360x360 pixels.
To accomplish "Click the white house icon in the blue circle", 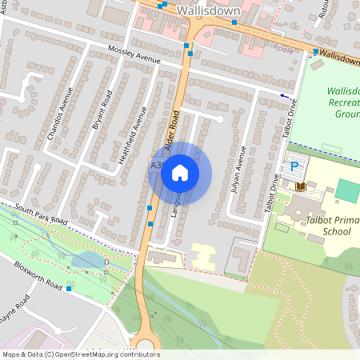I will [180, 172].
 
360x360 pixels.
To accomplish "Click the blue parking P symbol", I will [294, 166].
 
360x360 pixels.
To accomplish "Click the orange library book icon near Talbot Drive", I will [301, 186].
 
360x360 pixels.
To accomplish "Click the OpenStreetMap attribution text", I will [80, 354].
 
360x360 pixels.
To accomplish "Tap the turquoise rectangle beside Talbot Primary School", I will [347, 190].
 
